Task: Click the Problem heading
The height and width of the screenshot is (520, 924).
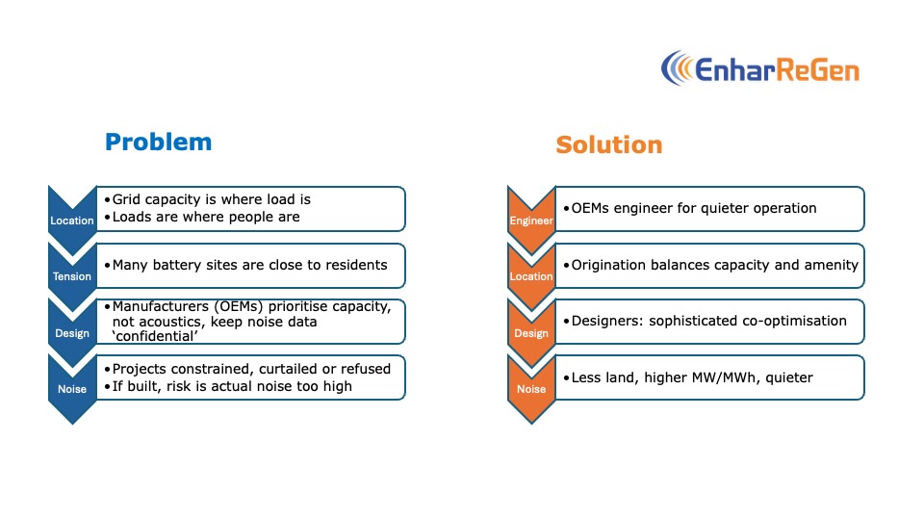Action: [x=158, y=143]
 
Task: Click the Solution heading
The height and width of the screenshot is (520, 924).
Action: [x=608, y=145]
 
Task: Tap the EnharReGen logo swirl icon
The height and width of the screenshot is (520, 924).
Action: [x=676, y=68]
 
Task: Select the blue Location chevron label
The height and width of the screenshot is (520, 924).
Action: [x=72, y=221]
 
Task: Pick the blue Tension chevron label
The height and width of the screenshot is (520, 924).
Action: [x=72, y=276]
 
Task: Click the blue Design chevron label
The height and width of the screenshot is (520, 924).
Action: [x=72, y=333]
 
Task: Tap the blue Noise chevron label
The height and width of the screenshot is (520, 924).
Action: [x=72, y=389]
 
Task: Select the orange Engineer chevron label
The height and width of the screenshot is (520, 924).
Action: [x=531, y=221]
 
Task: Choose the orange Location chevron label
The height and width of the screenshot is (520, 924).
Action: [x=531, y=276]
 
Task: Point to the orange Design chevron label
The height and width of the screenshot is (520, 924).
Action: [x=531, y=333]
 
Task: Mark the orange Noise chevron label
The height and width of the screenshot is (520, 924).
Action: [x=531, y=389]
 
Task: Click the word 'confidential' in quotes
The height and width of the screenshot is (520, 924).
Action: [x=155, y=336]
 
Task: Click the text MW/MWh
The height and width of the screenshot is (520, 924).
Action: [x=700, y=377]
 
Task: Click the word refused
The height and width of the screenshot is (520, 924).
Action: [x=366, y=369]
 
